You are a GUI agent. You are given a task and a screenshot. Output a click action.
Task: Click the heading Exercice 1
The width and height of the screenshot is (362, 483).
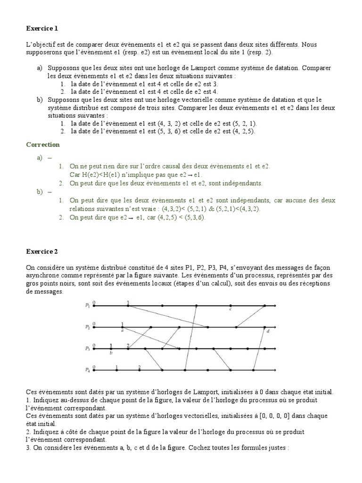coord(41,29)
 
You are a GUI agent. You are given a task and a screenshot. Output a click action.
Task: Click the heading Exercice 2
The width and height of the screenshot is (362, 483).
coord(41,251)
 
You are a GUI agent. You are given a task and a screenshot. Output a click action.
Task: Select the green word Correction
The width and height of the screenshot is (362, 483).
coord(43,144)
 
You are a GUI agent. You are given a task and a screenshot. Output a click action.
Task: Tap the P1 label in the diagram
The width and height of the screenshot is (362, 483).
coord(87,306)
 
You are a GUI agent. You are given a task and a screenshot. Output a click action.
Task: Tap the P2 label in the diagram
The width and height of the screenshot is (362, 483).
coord(87,327)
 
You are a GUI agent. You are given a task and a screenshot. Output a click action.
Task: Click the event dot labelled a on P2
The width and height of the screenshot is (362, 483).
coord(123,327)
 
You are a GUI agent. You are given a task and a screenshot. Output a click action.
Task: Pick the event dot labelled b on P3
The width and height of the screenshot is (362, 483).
coord(111,349)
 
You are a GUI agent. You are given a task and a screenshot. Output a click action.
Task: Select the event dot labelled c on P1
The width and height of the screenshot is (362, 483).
coord(230,306)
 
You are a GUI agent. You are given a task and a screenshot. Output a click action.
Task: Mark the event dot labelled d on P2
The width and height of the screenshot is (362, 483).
coord(265,327)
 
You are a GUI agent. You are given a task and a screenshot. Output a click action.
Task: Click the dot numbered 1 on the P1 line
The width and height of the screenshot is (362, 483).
coord(128,306)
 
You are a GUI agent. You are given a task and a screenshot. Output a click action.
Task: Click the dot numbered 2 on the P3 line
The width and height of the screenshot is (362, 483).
coord(128,349)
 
